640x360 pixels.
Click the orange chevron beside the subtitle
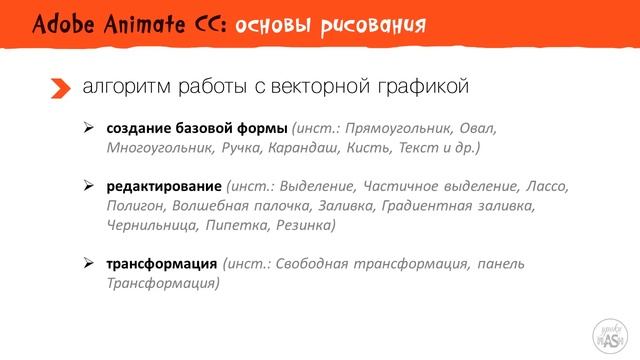tap(61, 89)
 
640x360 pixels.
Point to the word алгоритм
tap(126, 88)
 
